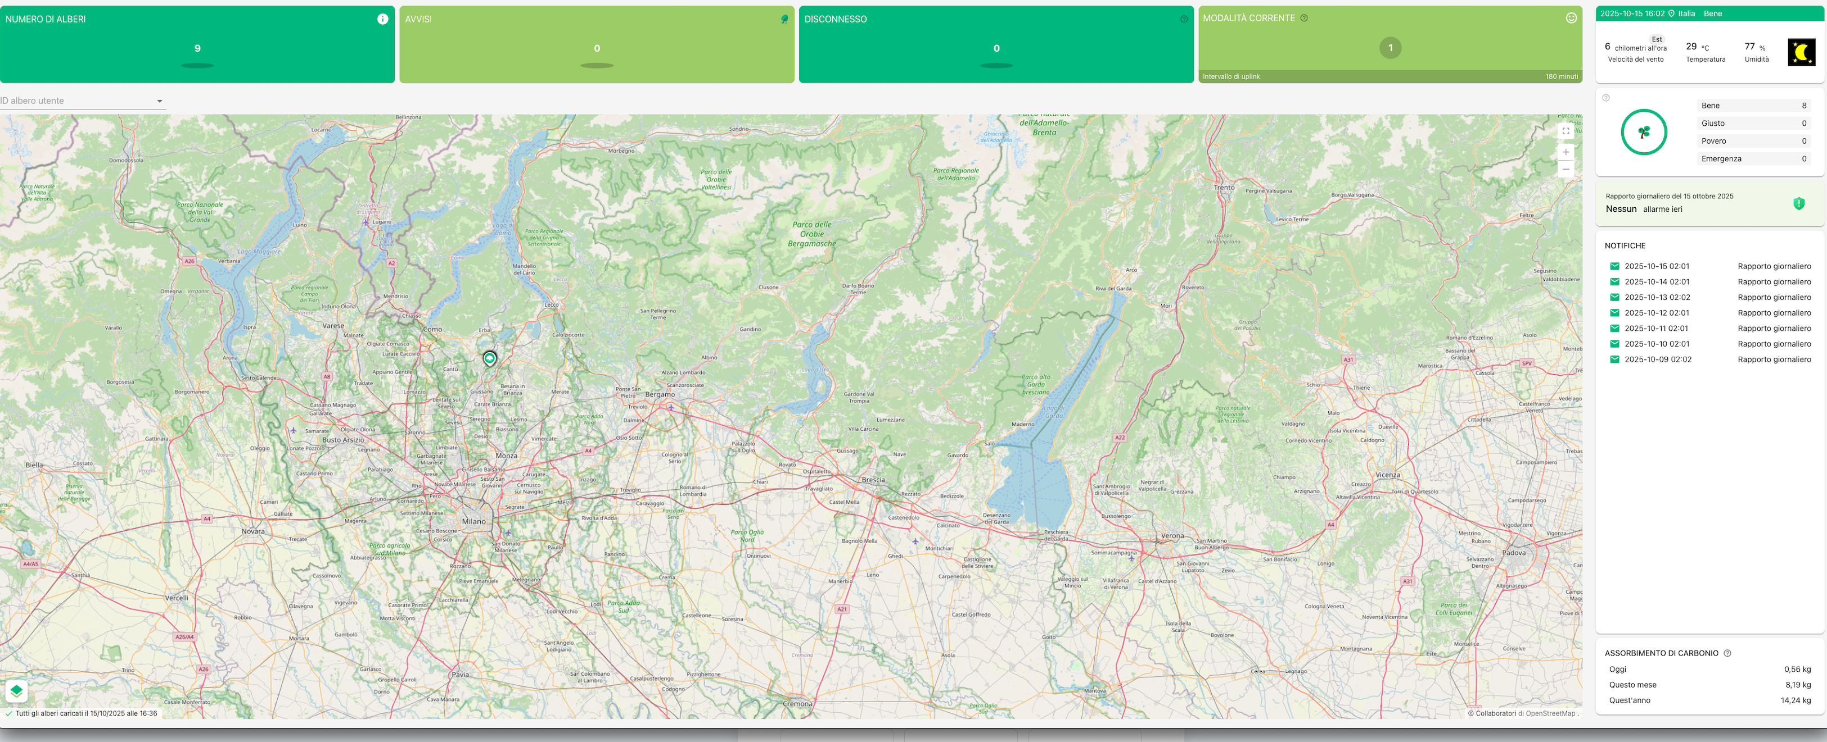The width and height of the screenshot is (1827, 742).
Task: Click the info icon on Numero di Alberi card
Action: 382,19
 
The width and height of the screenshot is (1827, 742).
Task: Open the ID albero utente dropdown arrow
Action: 160,101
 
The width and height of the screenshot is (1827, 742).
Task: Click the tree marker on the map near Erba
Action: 489,358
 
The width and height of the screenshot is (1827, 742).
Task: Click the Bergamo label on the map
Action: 660,394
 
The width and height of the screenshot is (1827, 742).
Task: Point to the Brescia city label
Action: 873,480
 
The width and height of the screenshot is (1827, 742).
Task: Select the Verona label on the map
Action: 1172,536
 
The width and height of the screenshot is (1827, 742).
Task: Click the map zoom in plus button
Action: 1566,152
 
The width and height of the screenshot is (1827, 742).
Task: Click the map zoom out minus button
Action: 1566,170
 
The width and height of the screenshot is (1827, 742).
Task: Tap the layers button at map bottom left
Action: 16,690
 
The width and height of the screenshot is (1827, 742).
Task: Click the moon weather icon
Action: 1801,52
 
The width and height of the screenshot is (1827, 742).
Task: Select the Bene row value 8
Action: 1803,106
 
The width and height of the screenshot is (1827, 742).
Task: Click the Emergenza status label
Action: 1721,159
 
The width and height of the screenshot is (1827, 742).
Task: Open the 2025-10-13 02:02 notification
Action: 1657,298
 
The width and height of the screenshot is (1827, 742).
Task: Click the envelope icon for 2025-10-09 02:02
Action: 1614,359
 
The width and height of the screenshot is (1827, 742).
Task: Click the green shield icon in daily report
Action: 1799,204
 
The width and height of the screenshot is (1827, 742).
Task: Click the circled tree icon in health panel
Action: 1643,133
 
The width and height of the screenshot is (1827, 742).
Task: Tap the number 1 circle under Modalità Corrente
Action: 1390,48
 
